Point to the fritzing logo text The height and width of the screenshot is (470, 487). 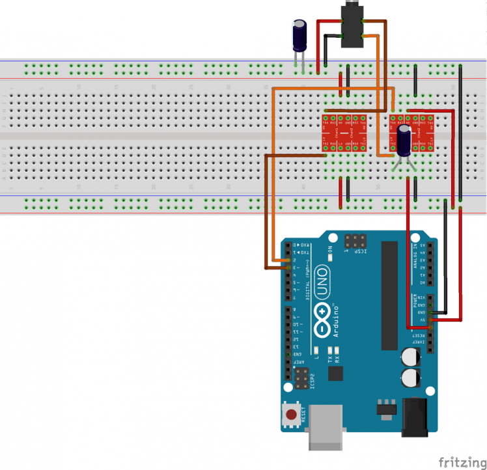(x=461, y=462)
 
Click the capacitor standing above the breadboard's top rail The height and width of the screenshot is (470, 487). (x=299, y=36)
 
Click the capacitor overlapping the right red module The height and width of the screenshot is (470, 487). (x=405, y=141)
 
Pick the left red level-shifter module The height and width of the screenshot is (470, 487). (x=344, y=133)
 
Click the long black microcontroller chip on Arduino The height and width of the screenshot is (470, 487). (x=390, y=293)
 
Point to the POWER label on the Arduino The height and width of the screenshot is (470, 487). (x=414, y=301)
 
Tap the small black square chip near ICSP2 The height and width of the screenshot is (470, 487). (x=336, y=373)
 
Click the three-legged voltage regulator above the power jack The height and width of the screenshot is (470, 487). (x=385, y=406)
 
